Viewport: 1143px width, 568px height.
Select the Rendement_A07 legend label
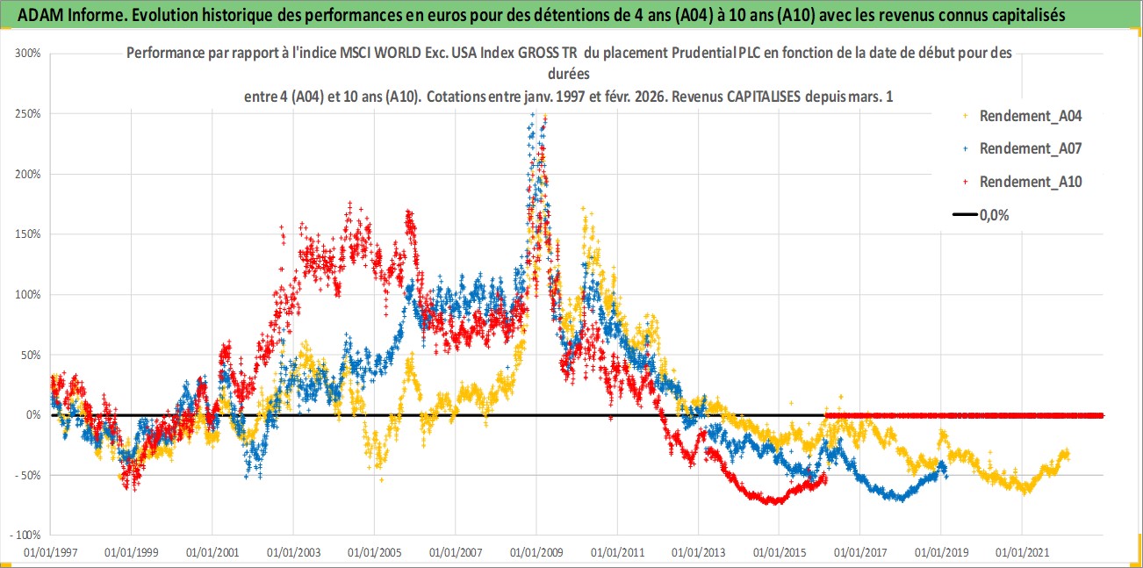[1030, 148]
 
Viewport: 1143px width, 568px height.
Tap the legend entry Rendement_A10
[1030, 182]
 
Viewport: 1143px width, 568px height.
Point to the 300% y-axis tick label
[29, 53]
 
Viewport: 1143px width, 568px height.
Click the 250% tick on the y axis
[29, 113]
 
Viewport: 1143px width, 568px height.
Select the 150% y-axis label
[29, 234]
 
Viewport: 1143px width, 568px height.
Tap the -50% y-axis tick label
[29, 475]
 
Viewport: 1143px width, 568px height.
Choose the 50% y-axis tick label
[32, 355]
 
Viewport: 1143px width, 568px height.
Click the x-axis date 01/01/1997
[50, 553]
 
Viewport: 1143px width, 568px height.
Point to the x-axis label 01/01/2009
[536, 553]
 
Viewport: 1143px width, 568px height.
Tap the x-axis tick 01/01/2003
[293, 553]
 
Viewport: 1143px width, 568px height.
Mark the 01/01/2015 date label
[779, 553]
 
